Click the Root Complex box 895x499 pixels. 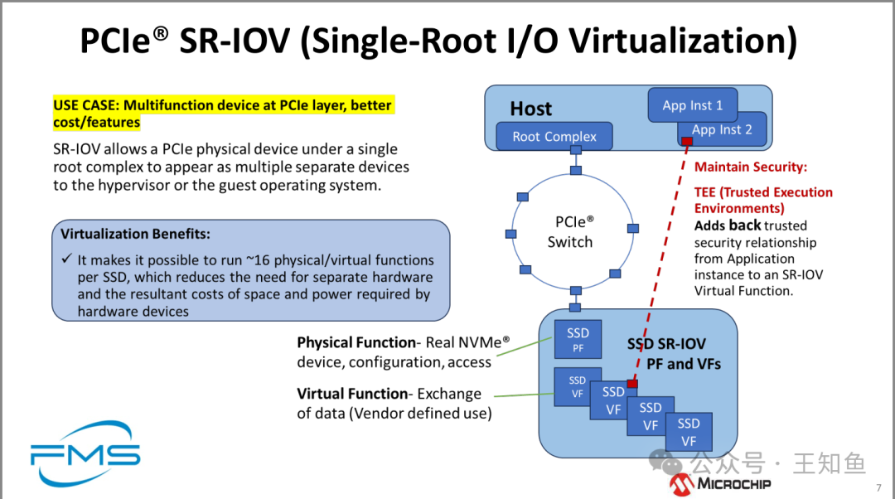[x=554, y=137]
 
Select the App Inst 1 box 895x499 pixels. [x=692, y=105]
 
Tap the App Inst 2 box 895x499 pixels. [x=722, y=129]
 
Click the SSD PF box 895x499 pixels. [x=578, y=340]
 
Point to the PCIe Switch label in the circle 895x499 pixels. [x=570, y=232]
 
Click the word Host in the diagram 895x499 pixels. [x=530, y=109]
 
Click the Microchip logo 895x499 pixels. [x=721, y=483]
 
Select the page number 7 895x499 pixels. [x=878, y=487]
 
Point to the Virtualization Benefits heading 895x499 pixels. [x=135, y=234]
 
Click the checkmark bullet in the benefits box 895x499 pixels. [x=66, y=259]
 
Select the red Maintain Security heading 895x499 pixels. [x=750, y=167]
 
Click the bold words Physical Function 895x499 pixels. [x=356, y=342]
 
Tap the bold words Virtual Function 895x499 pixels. [x=352, y=394]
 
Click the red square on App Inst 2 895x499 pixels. [x=687, y=143]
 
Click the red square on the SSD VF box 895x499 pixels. [x=631, y=384]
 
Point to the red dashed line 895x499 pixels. [x=659, y=265]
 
